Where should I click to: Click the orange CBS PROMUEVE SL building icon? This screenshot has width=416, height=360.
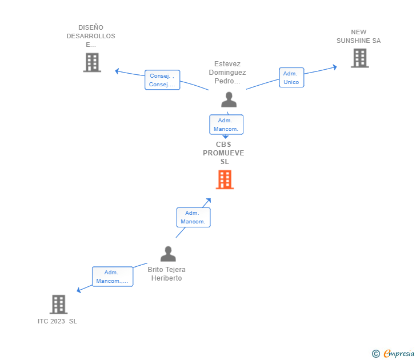coord(225,179)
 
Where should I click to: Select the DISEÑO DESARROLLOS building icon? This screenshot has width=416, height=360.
coord(92,62)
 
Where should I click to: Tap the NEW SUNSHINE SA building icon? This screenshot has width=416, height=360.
coord(359,58)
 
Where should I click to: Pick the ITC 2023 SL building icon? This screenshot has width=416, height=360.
coord(58,304)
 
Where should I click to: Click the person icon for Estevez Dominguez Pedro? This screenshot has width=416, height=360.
coord(229,99)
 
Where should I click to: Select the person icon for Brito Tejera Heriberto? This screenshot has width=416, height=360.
coord(168,254)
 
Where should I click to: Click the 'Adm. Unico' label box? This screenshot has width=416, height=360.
coord(291,78)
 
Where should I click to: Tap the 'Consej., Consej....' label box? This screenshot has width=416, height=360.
coord(162,80)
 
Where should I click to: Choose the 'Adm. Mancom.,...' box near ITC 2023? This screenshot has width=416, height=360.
coord(112,277)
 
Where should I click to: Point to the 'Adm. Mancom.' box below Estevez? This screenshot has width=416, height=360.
coord(226,125)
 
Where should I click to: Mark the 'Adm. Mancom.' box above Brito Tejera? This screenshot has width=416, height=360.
coord(193,217)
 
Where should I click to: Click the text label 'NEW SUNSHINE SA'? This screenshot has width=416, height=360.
coord(358,37)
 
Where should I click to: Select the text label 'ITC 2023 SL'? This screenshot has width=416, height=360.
coord(57,321)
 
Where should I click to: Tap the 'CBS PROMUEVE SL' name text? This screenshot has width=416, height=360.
coord(223,153)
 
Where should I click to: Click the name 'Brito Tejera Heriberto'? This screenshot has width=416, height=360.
coord(166,274)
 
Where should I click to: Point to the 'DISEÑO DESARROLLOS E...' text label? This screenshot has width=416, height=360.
coord(90,36)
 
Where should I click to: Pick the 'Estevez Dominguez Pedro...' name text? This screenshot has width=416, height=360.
coord(227,73)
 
